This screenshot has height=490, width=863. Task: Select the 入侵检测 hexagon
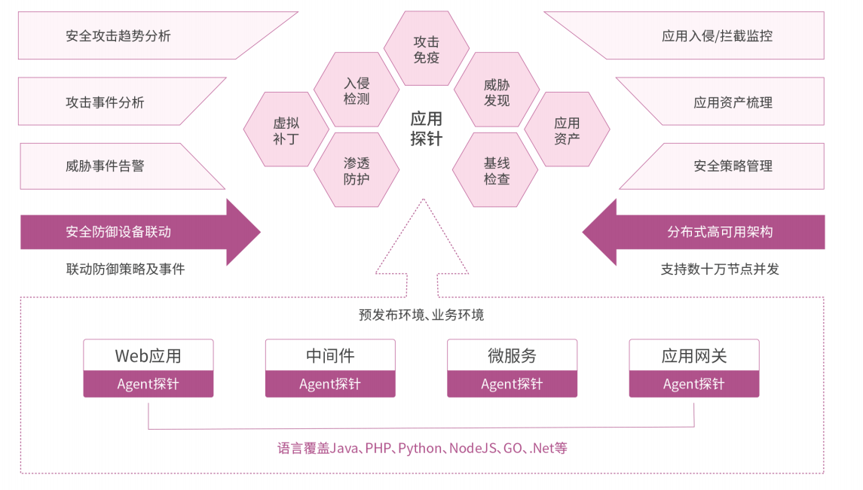357,91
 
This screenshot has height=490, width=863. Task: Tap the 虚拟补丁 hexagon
286,130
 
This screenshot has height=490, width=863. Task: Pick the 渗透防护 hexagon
357,170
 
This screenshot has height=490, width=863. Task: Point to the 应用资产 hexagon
567,130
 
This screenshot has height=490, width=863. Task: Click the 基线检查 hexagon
497,170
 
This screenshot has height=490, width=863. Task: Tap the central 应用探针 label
427,129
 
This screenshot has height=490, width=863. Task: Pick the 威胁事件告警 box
106,166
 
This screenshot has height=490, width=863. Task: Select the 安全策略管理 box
731,166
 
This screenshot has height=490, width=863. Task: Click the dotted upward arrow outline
423,248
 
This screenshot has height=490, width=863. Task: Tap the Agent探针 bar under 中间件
330,385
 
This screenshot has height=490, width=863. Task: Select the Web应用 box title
148,355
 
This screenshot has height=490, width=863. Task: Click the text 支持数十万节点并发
720,269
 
